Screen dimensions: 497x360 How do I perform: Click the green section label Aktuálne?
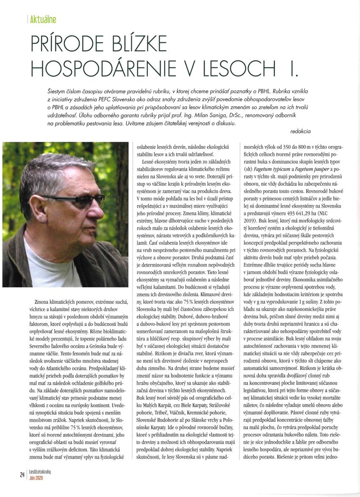coord(43,19)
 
